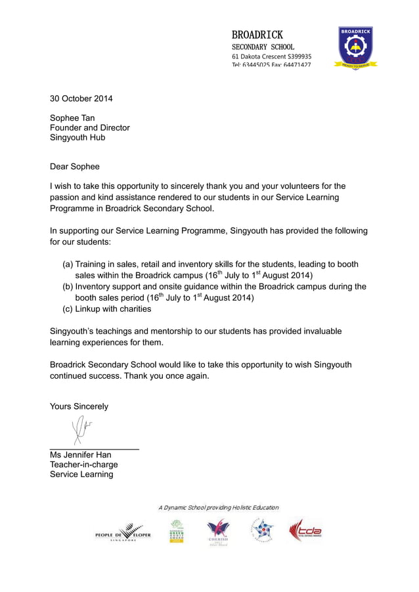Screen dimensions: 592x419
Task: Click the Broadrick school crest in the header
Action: pyautogui.click(x=356, y=48)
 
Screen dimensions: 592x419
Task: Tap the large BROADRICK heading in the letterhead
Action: pyautogui.click(x=257, y=34)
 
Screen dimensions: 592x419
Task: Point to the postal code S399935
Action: pyautogui.click(x=297, y=56)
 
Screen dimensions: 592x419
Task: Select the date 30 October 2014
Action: pyautogui.click(x=81, y=99)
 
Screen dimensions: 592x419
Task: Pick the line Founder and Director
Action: pyautogui.click(x=90, y=128)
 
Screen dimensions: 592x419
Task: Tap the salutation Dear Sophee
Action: pyautogui.click(x=75, y=167)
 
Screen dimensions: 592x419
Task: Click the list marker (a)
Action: pyautogui.click(x=68, y=264)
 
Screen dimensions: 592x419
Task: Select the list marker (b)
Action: pyautogui.click(x=68, y=287)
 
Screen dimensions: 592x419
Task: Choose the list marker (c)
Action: pyautogui.click(x=68, y=309)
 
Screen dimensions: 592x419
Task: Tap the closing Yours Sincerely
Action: pyautogui.click(x=79, y=406)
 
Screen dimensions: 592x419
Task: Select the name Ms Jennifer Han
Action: pyautogui.click(x=81, y=455)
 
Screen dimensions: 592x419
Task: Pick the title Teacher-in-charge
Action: pyautogui.click(x=84, y=465)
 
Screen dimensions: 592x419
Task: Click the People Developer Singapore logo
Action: pyautogui.click(x=123, y=533)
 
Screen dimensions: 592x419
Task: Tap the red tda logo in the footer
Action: pyautogui.click(x=305, y=530)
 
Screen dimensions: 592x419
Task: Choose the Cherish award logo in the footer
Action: pyautogui.click(x=218, y=532)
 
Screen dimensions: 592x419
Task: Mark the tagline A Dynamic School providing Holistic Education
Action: pyautogui.click(x=218, y=507)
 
